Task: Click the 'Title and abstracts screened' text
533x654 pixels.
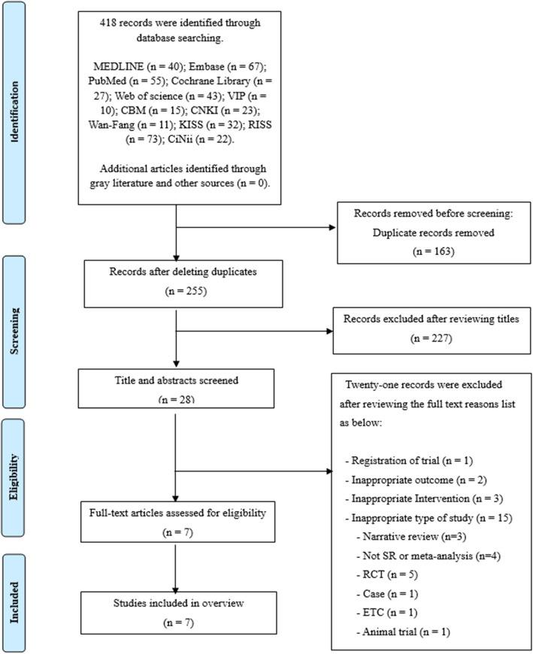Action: coord(174,380)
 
